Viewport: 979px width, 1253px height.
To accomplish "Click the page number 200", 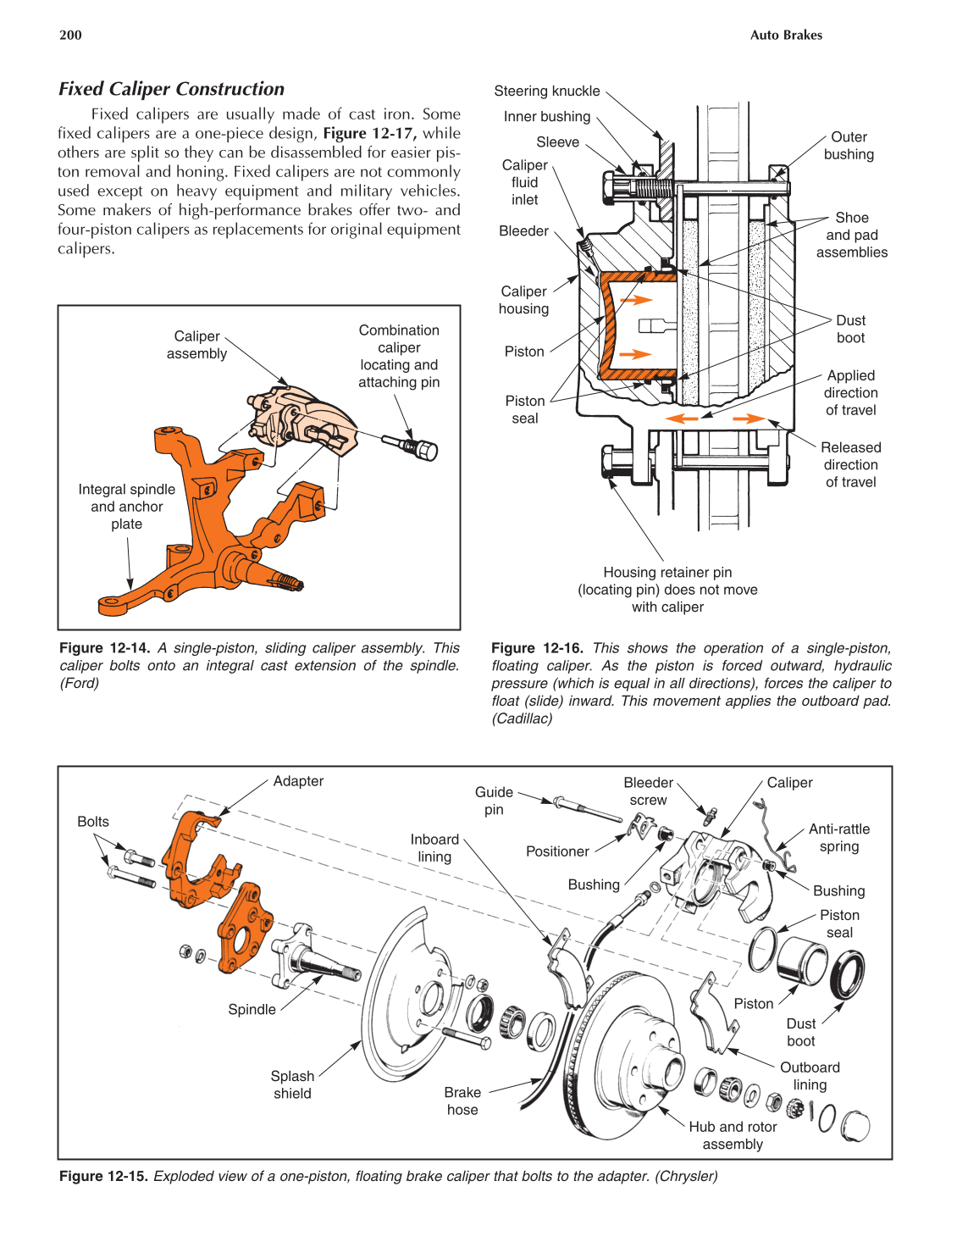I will pyautogui.click(x=70, y=35).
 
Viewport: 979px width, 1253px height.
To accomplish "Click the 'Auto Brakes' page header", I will pyautogui.click(x=785, y=35).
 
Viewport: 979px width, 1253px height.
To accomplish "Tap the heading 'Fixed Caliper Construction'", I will pyautogui.click(x=171, y=89).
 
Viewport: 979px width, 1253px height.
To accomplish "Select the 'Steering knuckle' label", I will pyautogui.click(x=546, y=91).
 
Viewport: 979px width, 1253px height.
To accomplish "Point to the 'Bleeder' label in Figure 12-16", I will pyautogui.click(x=523, y=230).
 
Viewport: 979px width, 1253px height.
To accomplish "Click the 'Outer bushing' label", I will pyautogui.click(x=849, y=146).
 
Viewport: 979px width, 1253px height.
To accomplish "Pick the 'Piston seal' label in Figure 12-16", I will pyautogui.click(x=524, y=409).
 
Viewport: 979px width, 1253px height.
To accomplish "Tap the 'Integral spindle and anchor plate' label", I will pyautogui.click(x=126, y=507).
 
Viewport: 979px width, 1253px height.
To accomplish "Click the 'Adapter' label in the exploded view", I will pyautogui.click(x=298, y=781).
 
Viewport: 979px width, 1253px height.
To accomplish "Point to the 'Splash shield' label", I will pyautogui.click(x=292, y=1084).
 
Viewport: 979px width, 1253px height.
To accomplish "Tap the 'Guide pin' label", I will pyautogui.click(x=494, y=801).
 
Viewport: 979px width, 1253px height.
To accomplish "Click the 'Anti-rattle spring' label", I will pyautogui.click(x=838, y=838).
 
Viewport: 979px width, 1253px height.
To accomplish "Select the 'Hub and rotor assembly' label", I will pyautogui.click(x=733, y=1135).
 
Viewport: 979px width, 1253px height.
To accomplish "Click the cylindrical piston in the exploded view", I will pyautogui.click(x=801, y=962).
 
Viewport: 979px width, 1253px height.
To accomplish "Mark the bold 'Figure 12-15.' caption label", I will pyautogui.click(x=103, y=1176).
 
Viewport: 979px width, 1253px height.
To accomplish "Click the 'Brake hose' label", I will pyautogui.click(x=462, y=1101).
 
